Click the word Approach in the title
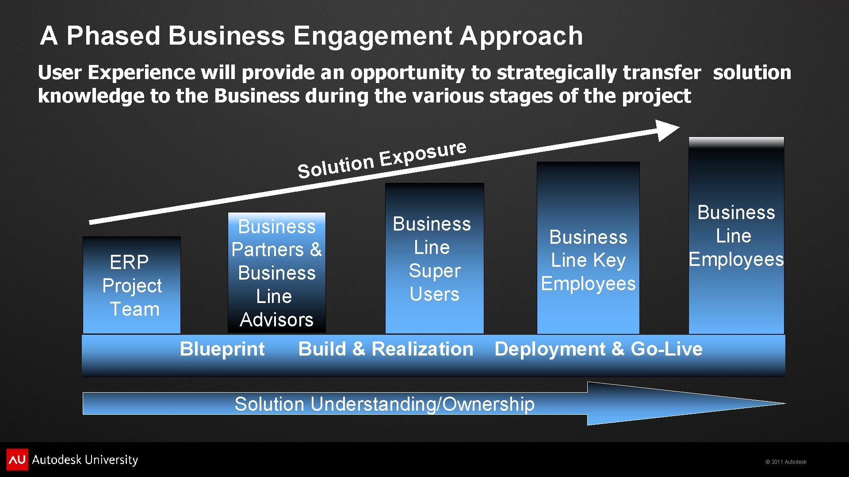521,36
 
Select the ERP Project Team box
132,285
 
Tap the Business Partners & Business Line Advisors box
277,273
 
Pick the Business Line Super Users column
434,259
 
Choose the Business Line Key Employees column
588,261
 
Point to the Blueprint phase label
222,349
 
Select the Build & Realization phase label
386,349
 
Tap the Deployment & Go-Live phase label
598,349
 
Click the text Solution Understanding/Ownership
384,404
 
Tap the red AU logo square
17,459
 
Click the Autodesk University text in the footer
85,460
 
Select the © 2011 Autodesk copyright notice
786,462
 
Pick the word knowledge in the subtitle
91,96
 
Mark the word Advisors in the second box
276,320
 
